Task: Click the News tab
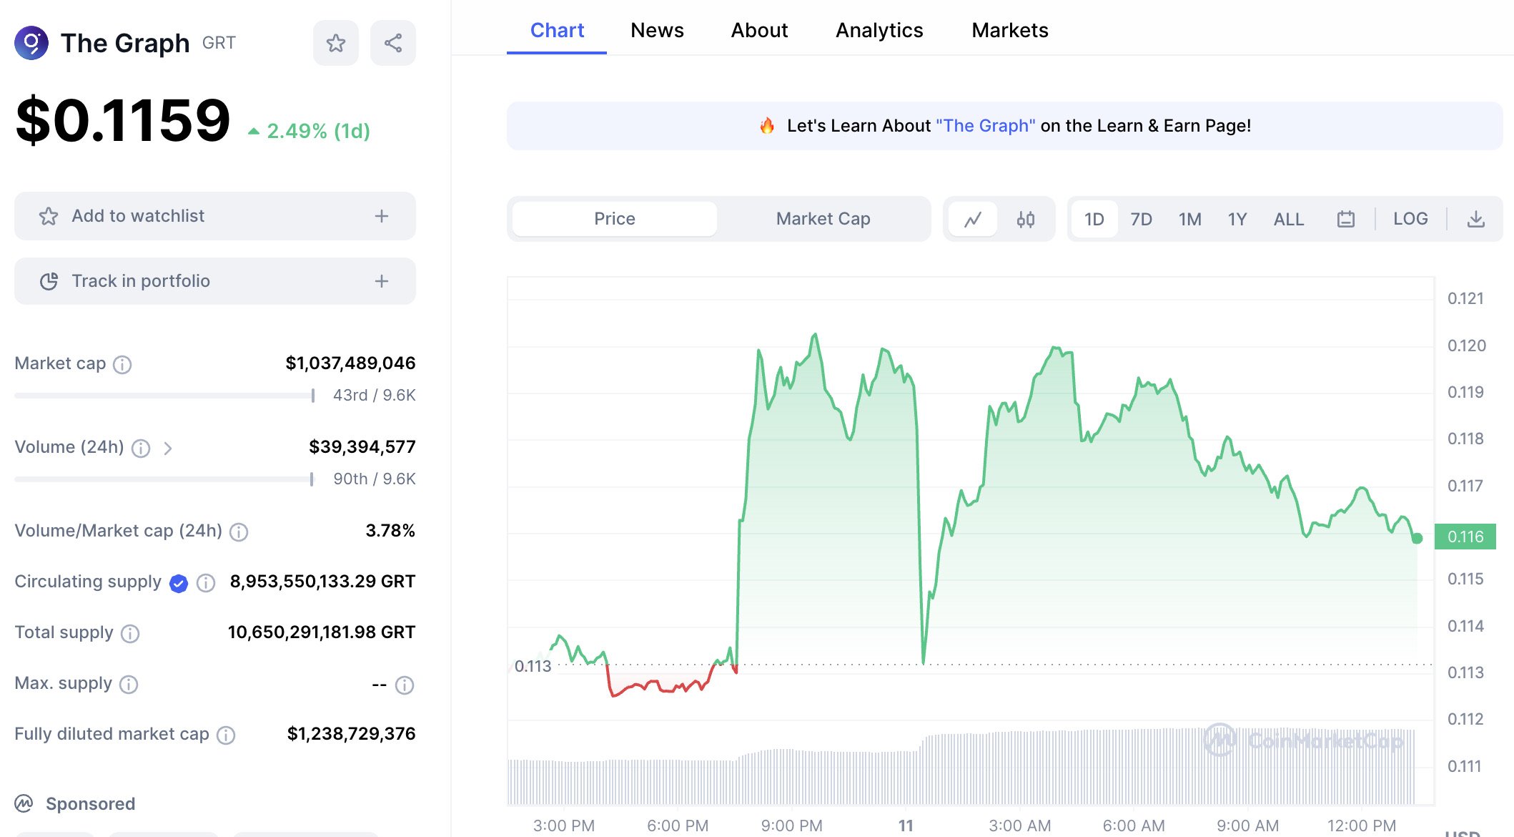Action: coord(657,30)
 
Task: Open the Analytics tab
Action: coord(879,30)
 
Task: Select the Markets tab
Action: coord(1009,30)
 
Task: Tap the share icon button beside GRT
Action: coord(393,43)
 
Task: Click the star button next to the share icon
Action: coord(336,43)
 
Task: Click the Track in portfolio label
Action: coord(141,281)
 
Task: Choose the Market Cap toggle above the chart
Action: coord(823,219)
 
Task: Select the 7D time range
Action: coord(1141,219)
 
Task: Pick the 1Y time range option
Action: coord(1237,219)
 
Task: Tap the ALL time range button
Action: coord(1289,219)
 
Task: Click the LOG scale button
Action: coord(1410,219)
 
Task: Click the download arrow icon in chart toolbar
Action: coord(1476,219)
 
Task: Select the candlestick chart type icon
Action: coord(1026,219)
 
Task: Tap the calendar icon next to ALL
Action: coord(1346,219)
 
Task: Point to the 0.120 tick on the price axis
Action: coord(1466,346)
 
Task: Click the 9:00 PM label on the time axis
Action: coord(791,826)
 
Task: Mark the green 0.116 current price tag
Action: coord(1465,537)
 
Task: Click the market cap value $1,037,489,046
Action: coord(350,363)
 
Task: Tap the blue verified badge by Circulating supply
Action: coord(179,584)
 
